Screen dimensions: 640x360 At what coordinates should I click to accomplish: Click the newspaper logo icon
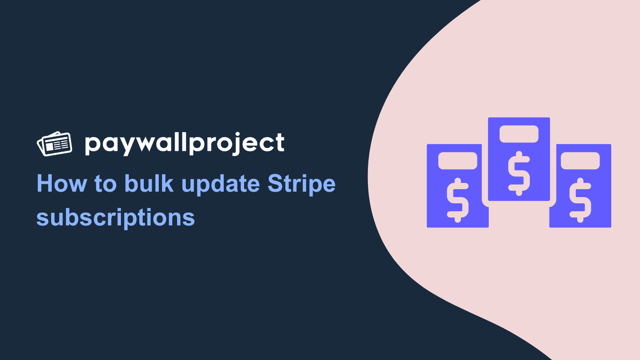click(x=54, y=144)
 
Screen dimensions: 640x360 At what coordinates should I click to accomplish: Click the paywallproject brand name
click(x=185, y=144)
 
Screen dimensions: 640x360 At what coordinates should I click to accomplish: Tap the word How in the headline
click(x=62, y=183)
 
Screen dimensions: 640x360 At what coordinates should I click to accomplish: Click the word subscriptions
click(x=115, y=218)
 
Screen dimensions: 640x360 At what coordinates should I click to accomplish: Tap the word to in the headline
click(x=105, y=184)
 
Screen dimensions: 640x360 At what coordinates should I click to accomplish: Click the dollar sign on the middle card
click(x=519, y=173)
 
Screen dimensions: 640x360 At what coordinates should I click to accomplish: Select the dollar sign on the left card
click(x=458, y=200)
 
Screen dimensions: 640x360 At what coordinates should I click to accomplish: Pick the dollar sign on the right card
click(x=580, y=200)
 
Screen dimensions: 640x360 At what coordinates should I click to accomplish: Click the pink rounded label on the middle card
click(x=519, y=134)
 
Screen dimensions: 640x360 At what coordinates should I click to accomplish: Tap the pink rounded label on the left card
click(x=458, y=160)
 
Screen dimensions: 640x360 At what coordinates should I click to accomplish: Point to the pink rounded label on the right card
click(x=580, y=160)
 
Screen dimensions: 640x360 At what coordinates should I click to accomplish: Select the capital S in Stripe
click(x=275, y=183)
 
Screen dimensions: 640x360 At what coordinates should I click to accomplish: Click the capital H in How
click(x=45, y=183)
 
